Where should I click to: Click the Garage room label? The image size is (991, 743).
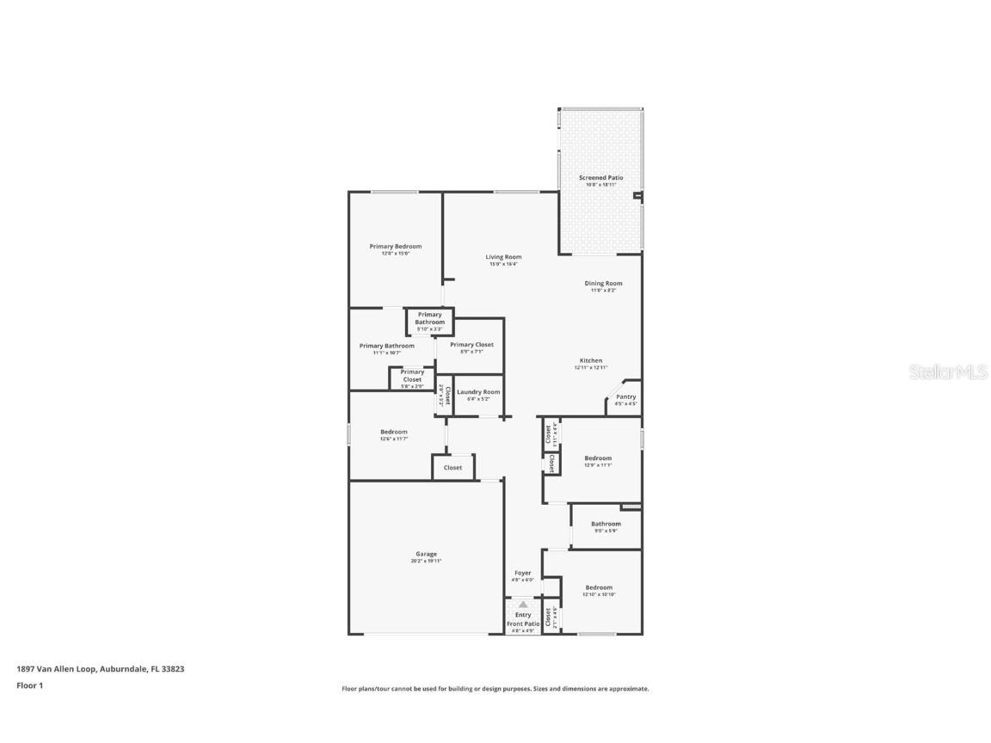[x=426, y=554]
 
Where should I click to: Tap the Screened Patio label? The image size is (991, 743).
[x=600, y=177]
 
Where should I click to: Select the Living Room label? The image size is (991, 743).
[x=503, y=256]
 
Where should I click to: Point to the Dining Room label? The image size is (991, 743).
[x=603, y=283]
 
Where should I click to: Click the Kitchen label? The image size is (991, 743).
[x=590, y=360]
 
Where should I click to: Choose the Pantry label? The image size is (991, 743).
[x=625, y=396]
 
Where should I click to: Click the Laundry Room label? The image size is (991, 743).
[x=478, y=391]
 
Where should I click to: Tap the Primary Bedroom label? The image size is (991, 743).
[x=396, y=246]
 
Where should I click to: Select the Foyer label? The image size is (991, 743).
[x=523, y=573]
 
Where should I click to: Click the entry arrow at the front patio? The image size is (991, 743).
[x=523, y=605]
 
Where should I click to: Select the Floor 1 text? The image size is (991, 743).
[x=29, y=685]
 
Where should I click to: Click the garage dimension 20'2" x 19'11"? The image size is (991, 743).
[x=426, y=561]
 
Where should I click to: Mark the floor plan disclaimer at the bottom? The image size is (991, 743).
[x=495, y=689]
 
